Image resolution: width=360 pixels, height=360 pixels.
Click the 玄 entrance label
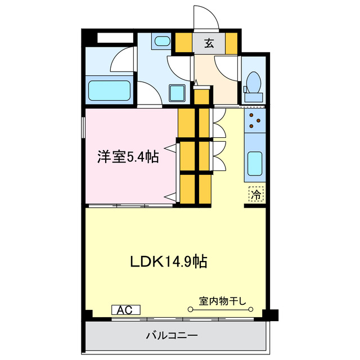pyautogui.click(x=208, y=43)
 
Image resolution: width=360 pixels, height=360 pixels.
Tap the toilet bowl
pyautogui.click(x=253, y=83)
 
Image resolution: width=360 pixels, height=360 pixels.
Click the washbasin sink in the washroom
pyautogui.click(x=163, y=41)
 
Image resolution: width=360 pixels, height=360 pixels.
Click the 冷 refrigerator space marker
pyautogui.click(x=255, y=195)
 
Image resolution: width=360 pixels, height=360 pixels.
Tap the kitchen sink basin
pyautogui.click(x=255, y=164)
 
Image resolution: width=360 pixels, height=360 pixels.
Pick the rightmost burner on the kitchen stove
pyautogui.click(x=259, y=119)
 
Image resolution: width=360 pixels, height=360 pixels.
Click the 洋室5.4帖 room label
pyautogui.click(x=128, y=157)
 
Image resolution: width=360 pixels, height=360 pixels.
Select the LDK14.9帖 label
pyautogui.click(x=169, y=261)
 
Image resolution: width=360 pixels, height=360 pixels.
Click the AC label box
pyautogui.click(x=125, y=310)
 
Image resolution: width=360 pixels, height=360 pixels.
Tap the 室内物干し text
pyautogui.click(x=223, y=300)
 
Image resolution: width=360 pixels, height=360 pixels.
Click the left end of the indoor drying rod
pyautogui.click(x=189, y=309)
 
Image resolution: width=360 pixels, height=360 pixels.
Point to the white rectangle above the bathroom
pyautogui.click(x=115, y=38)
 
